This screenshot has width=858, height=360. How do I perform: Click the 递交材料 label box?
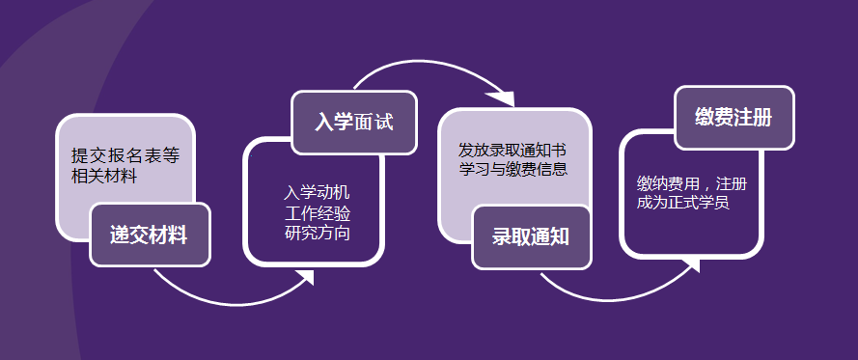click(x=150, y=235)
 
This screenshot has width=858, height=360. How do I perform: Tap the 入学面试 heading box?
click(x=353, y=123)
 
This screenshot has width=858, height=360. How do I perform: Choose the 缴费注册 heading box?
click(x=733, y=118)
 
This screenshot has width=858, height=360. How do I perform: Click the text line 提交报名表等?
click(x=125, y=155)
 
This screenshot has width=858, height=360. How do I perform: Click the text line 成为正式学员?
click(x=682, y=203)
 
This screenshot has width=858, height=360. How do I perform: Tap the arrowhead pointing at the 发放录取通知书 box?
click(x=502, y=97)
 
